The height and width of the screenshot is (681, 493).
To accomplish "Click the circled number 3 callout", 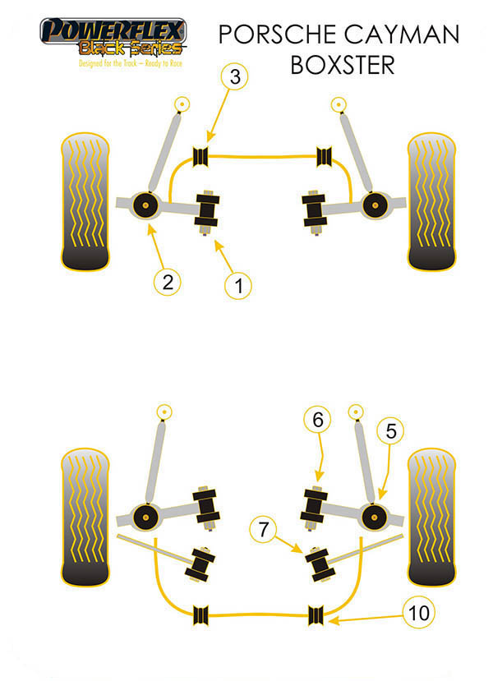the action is pyautogui.click(x=234, y=76).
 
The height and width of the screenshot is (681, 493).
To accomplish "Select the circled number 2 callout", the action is pyautogui.click(x=168, y=283).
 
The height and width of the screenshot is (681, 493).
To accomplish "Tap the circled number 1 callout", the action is pyautogui.click(x=238, y=286).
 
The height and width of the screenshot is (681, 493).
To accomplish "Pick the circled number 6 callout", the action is pyautogui.click(x=317, y=420).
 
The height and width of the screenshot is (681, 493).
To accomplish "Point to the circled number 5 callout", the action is pyautogui.click(x=390, y=430).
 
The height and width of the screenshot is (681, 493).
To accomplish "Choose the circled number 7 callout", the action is pyautogui.click(x=263, y=529).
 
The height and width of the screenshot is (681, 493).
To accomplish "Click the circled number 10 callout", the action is pyautogui.click(x=419, y=613).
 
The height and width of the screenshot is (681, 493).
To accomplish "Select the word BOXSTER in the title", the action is pyautogui.click(x=343, y=65).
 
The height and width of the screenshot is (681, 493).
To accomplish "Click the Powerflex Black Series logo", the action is pyautogui.click(x=113, y=42).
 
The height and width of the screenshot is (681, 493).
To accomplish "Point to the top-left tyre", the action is pyautogui.click(x=85, y=201).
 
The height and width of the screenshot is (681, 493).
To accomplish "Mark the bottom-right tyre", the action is pyautogui.click(x=431, y=517).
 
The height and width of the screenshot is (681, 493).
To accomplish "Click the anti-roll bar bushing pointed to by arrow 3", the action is pyautogui.click(x=200, y=157).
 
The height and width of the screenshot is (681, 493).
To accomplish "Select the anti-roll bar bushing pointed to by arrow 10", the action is pyautogui.click(x=316, y=615).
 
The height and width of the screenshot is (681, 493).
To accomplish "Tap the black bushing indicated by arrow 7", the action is pyautogui.click(x=320, y=565).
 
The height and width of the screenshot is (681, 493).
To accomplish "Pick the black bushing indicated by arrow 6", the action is pyautogui.click(x=314, y=506).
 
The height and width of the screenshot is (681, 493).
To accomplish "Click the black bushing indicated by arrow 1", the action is pyautogui.click(x=207, y=210).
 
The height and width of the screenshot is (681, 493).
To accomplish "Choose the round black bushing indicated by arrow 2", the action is pyautogui.click(x=145, y=205).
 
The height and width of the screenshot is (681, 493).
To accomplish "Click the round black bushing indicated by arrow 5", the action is pyautogui.click(x=374, y=518).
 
